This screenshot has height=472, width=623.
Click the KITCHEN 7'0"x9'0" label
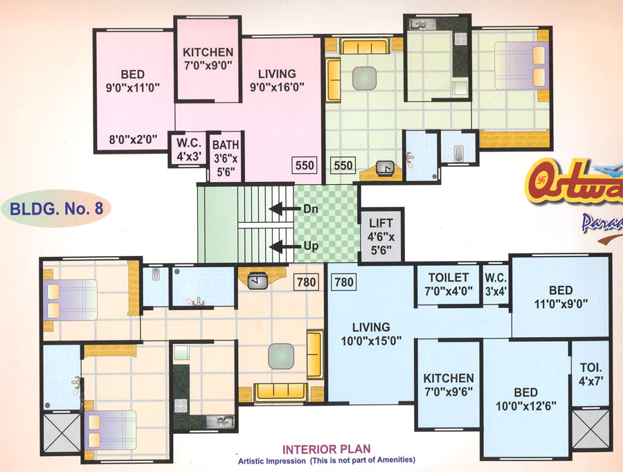tap(208, 59)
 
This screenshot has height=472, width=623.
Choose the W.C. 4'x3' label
tap(188, 149)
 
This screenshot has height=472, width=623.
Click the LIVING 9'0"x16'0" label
tap(277, 80)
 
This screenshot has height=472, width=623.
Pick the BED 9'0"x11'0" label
tap(132, 81)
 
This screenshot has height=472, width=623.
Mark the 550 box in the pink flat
tap(305, 165)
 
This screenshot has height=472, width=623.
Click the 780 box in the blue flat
tap(344, 282)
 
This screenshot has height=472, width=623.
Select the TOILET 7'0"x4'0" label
tap(449, 284)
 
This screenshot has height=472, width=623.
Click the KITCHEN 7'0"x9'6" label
tap(449, 385)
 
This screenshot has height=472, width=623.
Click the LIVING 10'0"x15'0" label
tap(371, 334)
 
